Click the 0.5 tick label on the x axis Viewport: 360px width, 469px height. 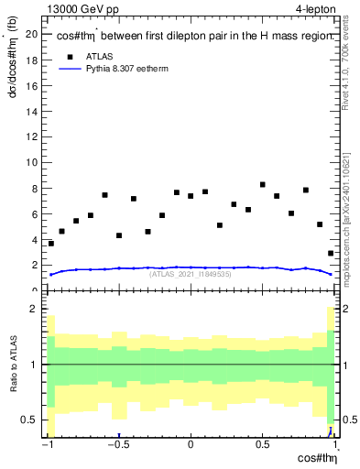262,446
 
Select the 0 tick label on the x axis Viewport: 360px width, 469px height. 191,446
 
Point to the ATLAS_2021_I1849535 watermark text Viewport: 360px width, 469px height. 190,274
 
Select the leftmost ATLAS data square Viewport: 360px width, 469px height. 51,244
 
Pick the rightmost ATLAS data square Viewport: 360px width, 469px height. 330,254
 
